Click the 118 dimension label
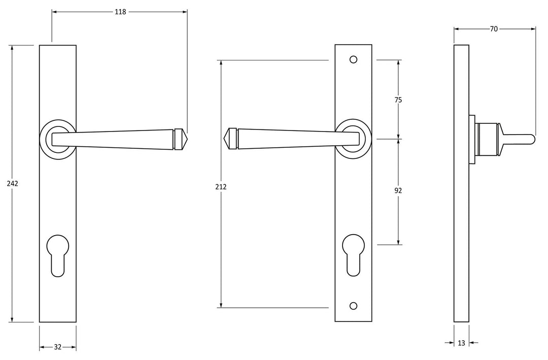coord(120,12)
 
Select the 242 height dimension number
coord(13,183)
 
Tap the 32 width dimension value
coord(57,347)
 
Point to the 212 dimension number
coord(221,187)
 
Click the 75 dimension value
coord(398,100)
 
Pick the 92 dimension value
coord(398,191)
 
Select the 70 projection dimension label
coord(494,29)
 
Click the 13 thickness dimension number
coord(461,343)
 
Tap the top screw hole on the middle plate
coord(354,59)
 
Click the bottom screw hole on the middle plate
coord(354,306)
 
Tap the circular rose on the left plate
coord(58,138)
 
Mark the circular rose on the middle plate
coord(354,138)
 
